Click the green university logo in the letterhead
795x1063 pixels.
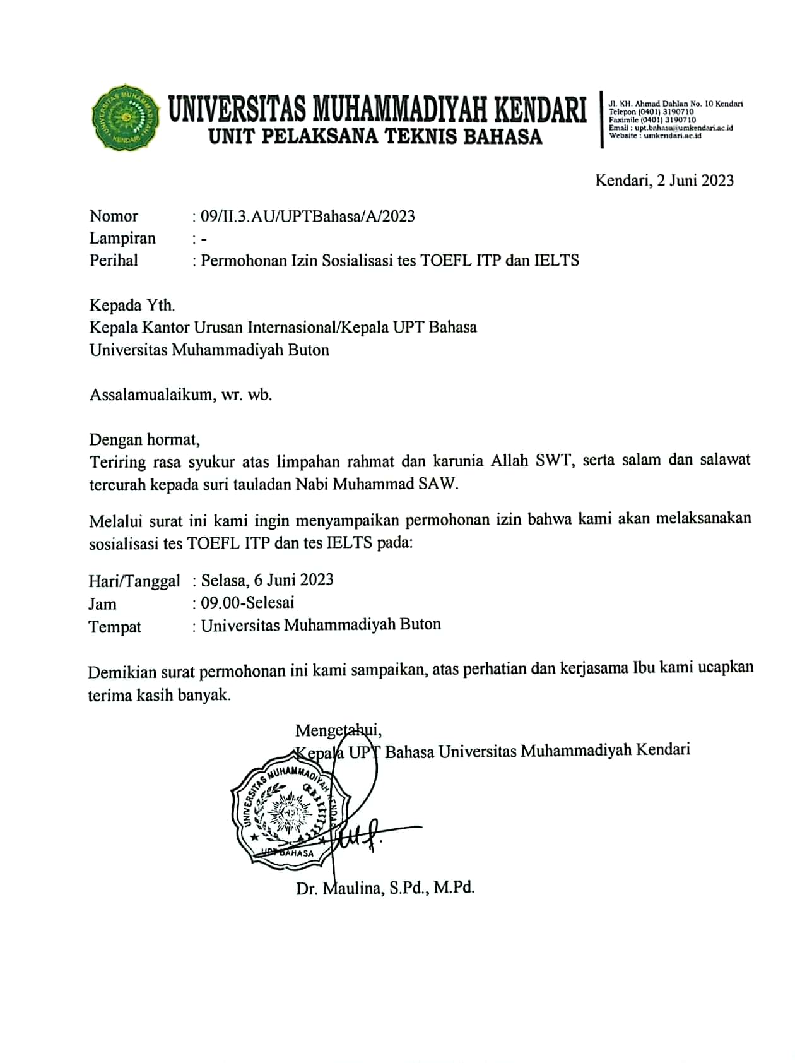(x=125, y=117)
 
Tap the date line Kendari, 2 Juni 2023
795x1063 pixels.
(x=664, y=181)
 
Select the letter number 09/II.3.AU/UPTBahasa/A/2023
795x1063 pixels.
(x=307, y=217)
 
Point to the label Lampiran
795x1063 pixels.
(x=122, y=239)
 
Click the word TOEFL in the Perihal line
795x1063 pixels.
(x=446, y=260)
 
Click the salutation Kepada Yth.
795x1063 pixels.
(x=132, y=306)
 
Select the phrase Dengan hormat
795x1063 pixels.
(x=144, y=439)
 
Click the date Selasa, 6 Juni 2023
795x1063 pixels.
(x=267, y=579)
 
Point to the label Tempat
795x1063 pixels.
(x=115, y=627)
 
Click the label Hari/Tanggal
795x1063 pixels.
(x=134, y=581)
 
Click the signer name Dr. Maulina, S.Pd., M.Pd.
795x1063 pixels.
(x=385, y=888)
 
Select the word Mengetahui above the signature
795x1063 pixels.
(x=338, y=730)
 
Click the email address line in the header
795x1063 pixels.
(x=671, y=128)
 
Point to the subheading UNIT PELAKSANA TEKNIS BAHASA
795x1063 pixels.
(x=375, y=136)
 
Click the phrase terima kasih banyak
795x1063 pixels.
(x=159, y=696)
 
